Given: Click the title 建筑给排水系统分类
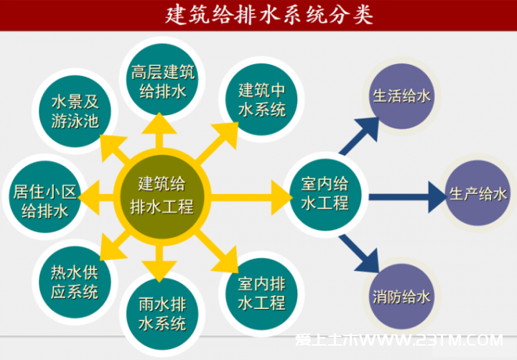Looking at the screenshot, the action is click(x=269, y=15).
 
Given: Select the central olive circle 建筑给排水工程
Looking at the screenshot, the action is click(x=162, y=197).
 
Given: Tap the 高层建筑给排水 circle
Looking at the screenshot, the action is click(x=162, y=80).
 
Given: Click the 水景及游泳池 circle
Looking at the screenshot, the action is click(x=75, y=111).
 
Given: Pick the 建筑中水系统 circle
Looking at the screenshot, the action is click(x=261, y=99).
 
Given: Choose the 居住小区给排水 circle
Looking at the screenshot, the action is click(x=45, y=197).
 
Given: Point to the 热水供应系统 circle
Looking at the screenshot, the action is click(x=75, y=282).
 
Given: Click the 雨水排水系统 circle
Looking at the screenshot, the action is click(x=162, y=314).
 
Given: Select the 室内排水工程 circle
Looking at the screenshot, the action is click(x=261, y=294).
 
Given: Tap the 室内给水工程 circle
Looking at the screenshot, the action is click(x=325, y=195).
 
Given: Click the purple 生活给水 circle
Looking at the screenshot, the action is click(x=401, y=96).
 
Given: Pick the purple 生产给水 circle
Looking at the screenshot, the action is click(x=478, y=193).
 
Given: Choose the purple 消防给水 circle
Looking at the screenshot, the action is click(x=401, y=297).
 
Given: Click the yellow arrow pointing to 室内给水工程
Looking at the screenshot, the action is click(x=251, y=198).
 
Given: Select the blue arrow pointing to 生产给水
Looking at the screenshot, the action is click(x=408, y=197).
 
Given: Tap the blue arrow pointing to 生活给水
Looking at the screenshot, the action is click(x=360, y=135).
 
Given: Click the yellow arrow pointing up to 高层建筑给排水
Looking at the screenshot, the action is click(x=159, y=130).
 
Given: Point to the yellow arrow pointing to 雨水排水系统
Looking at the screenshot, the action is click(x=159, y=263).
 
